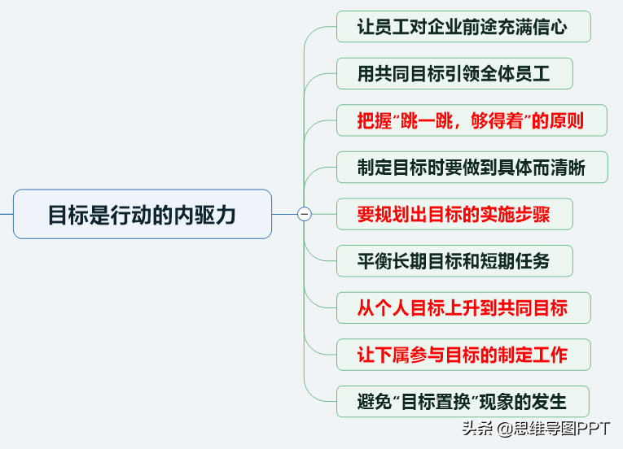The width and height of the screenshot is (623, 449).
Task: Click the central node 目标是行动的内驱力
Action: [143, 214]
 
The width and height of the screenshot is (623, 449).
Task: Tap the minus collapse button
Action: [305, 214]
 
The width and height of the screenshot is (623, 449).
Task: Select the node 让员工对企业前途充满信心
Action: [463, 27]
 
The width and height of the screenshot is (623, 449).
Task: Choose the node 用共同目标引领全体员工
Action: [454, 73]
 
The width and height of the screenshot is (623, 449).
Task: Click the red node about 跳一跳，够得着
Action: [472, 120]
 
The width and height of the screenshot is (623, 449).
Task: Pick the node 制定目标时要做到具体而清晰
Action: [472, 167]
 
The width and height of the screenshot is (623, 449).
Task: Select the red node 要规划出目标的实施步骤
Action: [454, 214]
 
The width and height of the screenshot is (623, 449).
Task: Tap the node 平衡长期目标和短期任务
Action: [454, 261]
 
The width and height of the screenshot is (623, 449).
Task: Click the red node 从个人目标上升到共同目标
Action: [463, 307]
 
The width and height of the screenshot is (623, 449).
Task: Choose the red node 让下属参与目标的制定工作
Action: [463, 355]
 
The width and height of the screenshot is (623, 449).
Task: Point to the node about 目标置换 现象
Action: [463, 401]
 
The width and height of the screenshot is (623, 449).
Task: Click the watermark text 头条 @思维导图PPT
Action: [536, 429]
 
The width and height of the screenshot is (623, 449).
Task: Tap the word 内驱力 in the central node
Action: [205, 215]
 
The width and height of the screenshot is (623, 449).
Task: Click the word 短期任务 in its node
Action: [515, 261]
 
